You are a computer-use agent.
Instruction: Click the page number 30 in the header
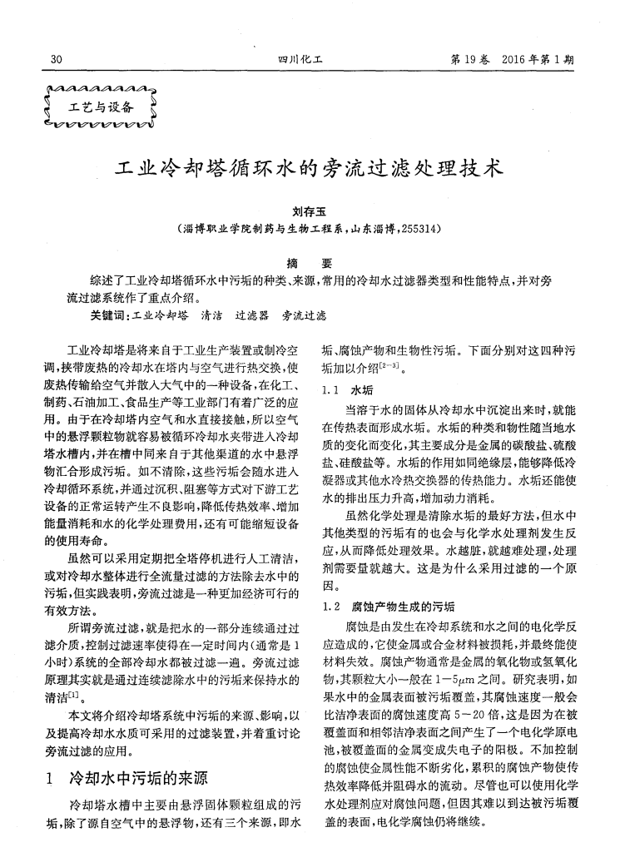57,59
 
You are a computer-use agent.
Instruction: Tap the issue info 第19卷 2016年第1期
516,59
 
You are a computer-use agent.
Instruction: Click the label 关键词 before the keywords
109,316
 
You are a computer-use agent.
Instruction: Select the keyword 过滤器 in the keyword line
252,316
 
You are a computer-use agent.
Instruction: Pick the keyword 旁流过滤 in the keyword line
304,316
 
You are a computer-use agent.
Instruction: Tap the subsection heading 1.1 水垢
347,389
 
